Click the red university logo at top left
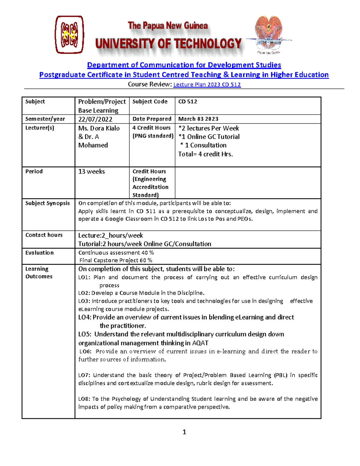coord(69,35)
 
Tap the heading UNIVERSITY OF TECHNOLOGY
coord(168,44)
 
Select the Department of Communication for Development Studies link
coord(184,65)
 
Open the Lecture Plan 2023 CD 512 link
coord(207,85)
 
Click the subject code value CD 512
coord(187,101)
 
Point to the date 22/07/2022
coord(95,119)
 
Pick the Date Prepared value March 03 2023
coord(198,119)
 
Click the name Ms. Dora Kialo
coord(99,128)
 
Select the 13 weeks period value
coord(91,171)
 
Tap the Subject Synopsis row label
coord(47,203)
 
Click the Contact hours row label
coord(44,235)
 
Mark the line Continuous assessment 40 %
coord(116,253)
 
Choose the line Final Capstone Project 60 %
coord(116,260)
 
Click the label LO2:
coord(84,293)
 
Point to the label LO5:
coord(85,334)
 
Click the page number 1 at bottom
coord(184,432)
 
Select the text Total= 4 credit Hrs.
coord(205,154)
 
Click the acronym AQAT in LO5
coord(200,343)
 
